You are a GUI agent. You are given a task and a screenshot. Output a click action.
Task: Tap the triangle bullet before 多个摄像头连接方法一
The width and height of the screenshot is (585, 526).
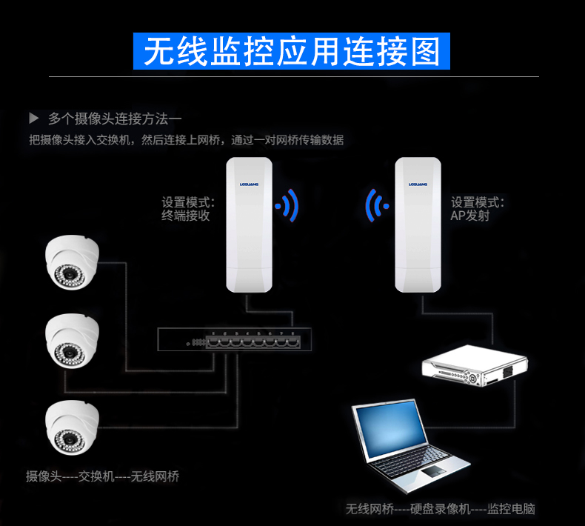33,118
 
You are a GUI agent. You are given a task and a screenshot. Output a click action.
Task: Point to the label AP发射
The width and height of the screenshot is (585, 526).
470,216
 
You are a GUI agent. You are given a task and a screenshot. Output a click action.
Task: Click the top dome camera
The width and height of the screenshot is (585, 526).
71,261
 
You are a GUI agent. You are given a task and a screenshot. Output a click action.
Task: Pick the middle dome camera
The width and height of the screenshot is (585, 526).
71,340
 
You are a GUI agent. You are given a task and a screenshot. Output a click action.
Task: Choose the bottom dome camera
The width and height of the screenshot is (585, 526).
71,425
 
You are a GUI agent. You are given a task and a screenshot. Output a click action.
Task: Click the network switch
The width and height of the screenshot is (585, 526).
234,339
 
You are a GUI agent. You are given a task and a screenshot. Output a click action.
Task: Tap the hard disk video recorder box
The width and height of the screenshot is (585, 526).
475,368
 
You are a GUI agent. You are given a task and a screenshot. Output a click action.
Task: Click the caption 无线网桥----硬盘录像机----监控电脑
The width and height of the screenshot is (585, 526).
440,509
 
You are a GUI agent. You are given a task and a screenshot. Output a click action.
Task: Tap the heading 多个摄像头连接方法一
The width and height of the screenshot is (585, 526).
114,118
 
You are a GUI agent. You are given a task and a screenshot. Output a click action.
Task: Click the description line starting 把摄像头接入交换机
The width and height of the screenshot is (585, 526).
186,139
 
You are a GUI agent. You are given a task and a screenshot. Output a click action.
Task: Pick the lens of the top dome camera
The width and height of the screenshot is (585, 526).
68,276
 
